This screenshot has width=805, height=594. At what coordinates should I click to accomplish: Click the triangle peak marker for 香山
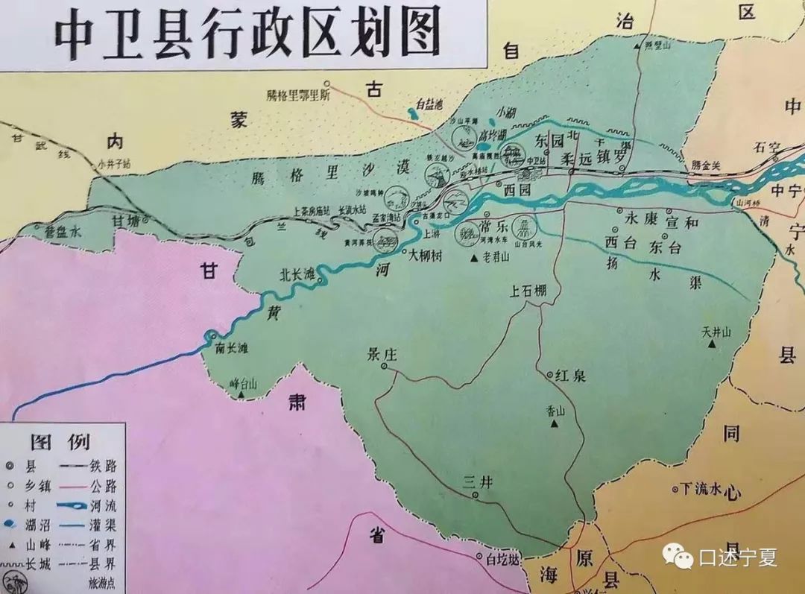[555, 424]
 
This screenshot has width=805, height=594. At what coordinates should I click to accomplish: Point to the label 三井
[478, 482]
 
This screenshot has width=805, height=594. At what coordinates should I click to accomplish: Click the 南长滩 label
[230, 347]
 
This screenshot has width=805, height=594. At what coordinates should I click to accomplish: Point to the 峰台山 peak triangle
[242, 396]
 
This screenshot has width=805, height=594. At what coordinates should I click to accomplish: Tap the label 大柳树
[429, 254]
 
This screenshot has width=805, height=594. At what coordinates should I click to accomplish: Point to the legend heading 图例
[59, 441]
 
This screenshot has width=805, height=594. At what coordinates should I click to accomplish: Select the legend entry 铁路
[103, 466]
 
